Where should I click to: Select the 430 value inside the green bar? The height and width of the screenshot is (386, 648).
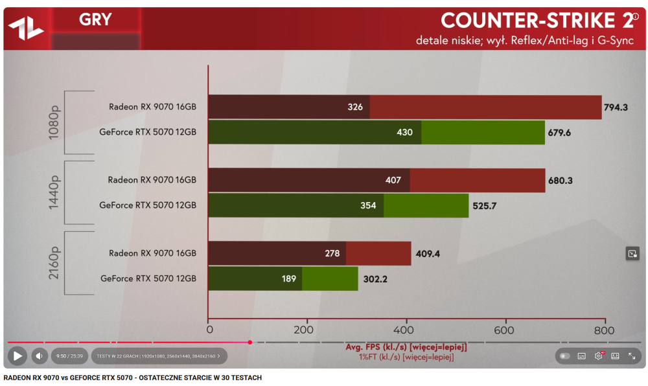click(x=404, y=132)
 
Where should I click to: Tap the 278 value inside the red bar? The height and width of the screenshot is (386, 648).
click(x=332, y=253)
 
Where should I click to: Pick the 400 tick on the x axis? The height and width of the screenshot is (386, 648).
click(x=406, y=330)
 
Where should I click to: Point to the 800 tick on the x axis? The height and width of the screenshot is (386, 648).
click(x=604, y=330)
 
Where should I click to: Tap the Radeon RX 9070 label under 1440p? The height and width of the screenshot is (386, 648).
click(x=152, y=180)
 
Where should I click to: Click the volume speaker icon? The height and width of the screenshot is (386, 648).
click(x=40, y=356)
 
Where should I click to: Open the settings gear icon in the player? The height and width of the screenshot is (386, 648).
click(x=598, y=356)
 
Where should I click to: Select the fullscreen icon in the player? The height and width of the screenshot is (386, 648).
click(x=632, y=356)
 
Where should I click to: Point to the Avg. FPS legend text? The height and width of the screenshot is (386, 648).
click(x=405, y=347)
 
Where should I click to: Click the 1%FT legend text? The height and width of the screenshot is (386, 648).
click(x=406, y=357)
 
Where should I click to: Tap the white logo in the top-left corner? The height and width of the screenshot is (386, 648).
click(x=25, y=27)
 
